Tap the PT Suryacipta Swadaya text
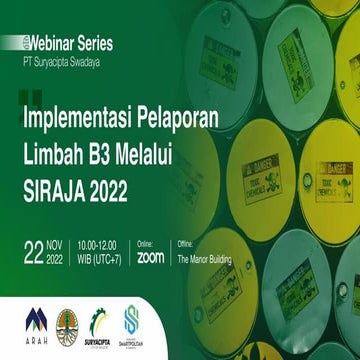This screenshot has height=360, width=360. tap(67, 60)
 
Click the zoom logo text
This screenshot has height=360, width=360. tap(150, 257)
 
